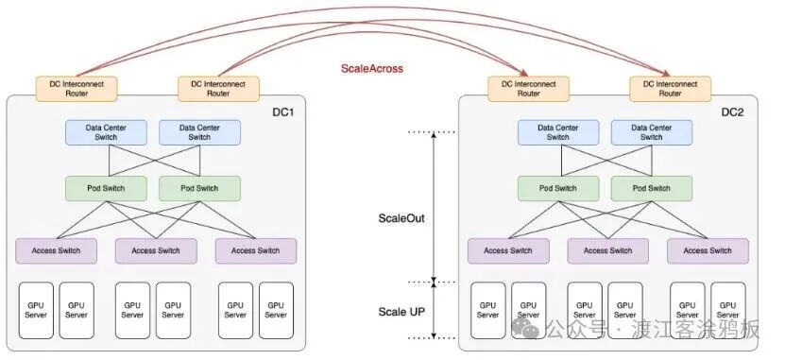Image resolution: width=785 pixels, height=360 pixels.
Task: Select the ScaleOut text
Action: [x=401, y=216]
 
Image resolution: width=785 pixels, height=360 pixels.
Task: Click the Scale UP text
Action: [x=402, y=311]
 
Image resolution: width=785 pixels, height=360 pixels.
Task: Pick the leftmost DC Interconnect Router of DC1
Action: [x=77, y=89]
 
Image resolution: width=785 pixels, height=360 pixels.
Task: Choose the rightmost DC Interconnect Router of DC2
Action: [x=670, y=89]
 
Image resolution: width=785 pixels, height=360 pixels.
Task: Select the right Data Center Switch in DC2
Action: [x=651, y=131]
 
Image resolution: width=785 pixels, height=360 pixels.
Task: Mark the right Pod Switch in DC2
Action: [x=651, y=188]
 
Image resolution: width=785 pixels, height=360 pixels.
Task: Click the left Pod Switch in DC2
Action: [x=558, y=188]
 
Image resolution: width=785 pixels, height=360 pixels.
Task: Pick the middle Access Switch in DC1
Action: [x=156, y=250]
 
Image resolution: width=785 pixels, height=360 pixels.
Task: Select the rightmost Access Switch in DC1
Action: [x=256, y=250]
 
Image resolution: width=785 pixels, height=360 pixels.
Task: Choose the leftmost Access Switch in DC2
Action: [x=508, y=250]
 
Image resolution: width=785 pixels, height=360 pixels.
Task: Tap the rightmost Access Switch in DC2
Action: [x=708, y=250]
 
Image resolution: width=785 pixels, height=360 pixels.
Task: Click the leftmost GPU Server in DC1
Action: [x=34, y=310]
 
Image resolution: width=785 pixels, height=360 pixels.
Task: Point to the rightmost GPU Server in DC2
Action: [x=726, y=310]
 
